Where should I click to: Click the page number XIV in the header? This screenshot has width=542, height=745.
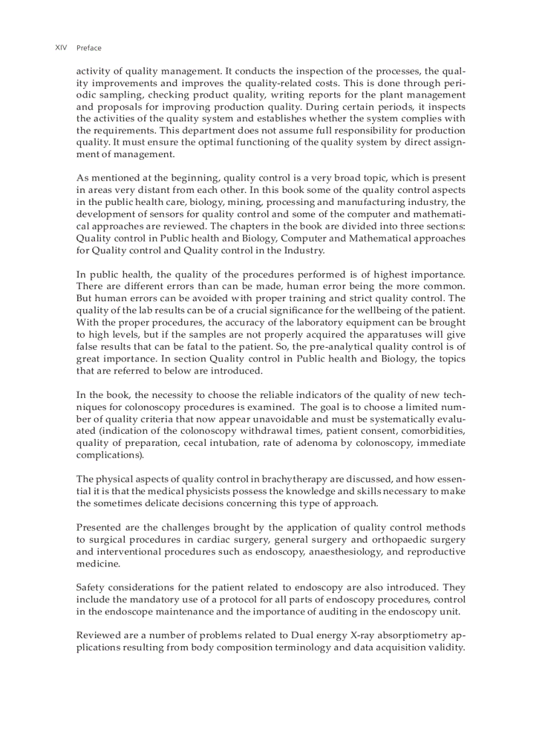(x=60, y=48)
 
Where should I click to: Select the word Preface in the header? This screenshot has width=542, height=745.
(x=89, y=48)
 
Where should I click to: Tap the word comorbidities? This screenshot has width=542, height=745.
(x=431, y=431)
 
